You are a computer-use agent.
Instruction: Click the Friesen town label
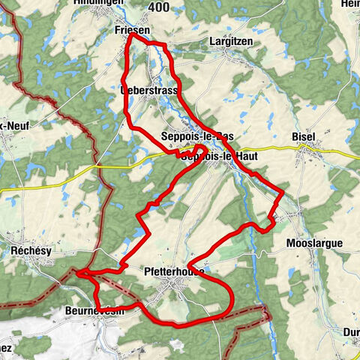(135, 29)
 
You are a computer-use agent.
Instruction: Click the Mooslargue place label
(314, 244)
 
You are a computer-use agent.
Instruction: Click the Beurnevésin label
(97, 310)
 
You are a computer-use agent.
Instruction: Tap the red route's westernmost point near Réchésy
(77, 272)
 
